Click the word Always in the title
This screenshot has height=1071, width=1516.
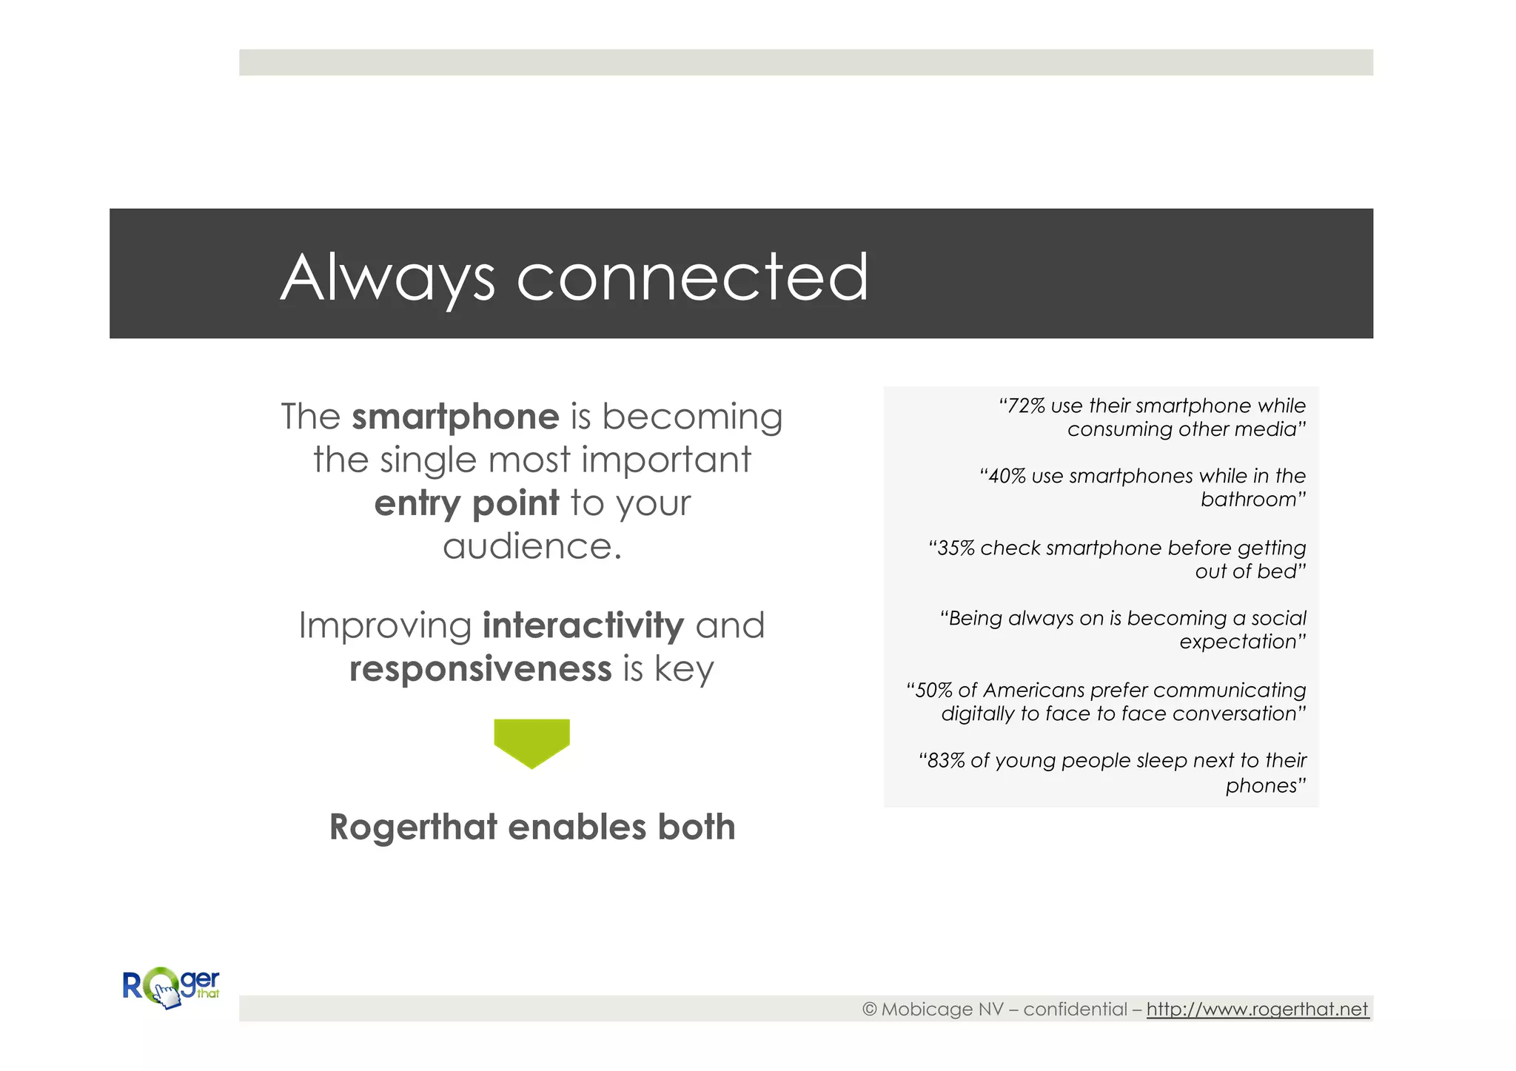coord(387,279)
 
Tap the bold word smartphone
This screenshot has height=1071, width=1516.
coord(455,417)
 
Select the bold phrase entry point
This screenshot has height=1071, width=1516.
coord(466,503)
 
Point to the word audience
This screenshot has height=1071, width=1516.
coord(531,547)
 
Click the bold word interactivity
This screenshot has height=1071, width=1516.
coord(583,625)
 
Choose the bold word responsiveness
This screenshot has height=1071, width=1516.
coord(480,669)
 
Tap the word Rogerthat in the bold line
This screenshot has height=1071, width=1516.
coord(413,827)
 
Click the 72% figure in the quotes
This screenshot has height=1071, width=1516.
coord(1027,406)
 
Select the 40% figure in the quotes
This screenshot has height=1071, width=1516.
coord(1007,477)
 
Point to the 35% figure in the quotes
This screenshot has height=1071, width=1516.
coord(956,548)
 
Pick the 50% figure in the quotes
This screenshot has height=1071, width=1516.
coord(934,691)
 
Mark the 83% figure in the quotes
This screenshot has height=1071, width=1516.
coord(946,761)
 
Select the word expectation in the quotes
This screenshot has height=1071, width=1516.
coord(1238,642)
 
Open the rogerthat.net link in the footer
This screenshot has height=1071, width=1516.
coord(1257,1010)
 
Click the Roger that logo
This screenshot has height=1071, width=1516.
coord(171,987)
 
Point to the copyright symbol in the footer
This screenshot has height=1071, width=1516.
coord(870,1010)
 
